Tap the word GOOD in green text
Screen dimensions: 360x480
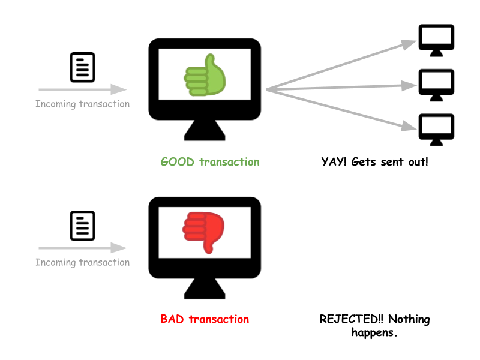(x=178, y=162)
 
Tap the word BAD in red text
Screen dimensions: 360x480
(x=173, y=319)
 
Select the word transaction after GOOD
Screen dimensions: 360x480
(x=229, y=162)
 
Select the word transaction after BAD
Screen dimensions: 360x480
(x=219, y=319)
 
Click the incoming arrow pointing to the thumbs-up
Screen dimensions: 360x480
(x=82, y=90)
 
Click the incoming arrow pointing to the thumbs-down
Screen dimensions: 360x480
(x=82, y=248)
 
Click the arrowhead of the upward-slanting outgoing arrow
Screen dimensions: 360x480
(x=410, y=44)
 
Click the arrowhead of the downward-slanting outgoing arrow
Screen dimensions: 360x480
(x=410, y=126)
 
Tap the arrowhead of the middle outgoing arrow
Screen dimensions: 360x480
(x=410, y=85)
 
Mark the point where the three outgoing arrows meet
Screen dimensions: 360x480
(x=266, y=90)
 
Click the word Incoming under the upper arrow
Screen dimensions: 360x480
(x=56, y=104)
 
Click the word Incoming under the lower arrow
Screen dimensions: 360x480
(x=56, y=262)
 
